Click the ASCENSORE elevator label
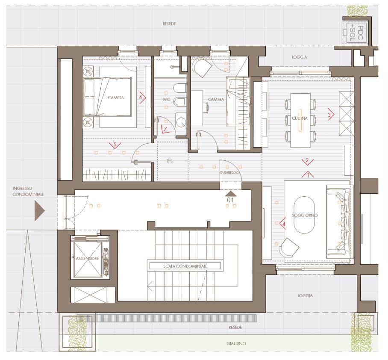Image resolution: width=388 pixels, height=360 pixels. (x=87, y=259)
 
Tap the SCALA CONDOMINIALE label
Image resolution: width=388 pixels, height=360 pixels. (x=185, y=266)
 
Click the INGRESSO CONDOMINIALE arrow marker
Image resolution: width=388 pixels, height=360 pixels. (x=39, y=211)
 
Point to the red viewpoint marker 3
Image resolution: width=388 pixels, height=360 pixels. (x=331, y=115)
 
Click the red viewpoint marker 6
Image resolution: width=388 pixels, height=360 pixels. (x=142, y=97)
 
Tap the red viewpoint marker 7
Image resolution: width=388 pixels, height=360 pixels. (x=165, y=129)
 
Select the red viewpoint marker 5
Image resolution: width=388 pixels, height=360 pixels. (x=115, y=145)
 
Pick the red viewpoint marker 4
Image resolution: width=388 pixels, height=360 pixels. (x=283, y=224)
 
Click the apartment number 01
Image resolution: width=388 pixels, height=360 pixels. (x=230, y=200)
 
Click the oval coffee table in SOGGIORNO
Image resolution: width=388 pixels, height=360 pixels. (x=304, y=215)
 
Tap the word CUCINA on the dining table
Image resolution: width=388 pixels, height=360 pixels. (x=300, y=118)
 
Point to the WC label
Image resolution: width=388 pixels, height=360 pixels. (x=166, y=100)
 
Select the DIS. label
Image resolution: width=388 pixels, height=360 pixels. (x=170, y=161)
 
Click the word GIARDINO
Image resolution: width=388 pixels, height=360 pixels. (x=236, y=343)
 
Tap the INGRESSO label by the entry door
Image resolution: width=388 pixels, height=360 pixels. (x=230, y=173)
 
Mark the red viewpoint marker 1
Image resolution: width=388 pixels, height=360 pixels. (x=308, y=174)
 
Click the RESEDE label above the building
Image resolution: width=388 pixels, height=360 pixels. (x=170, y=24)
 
